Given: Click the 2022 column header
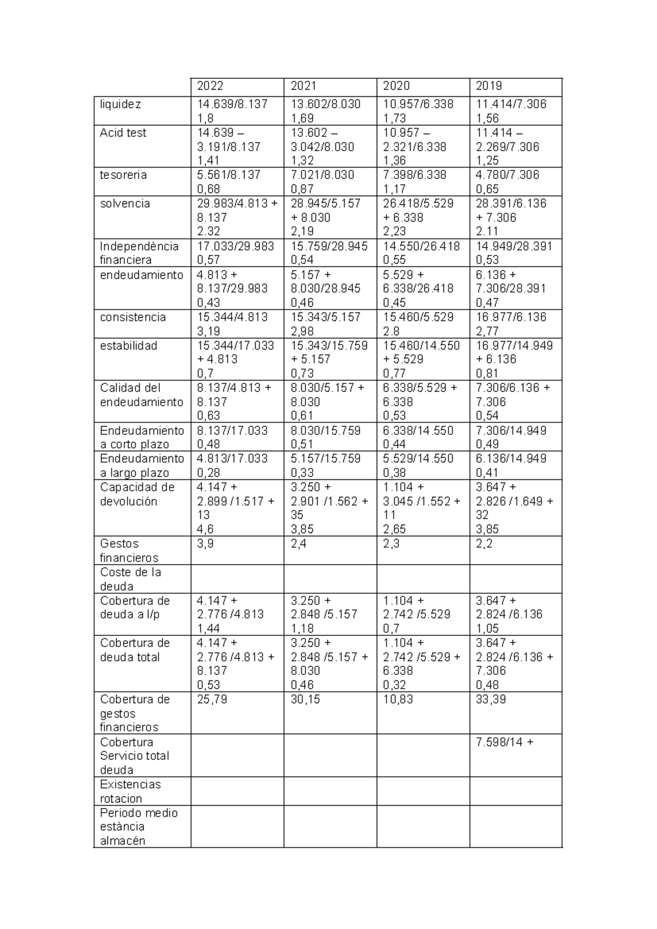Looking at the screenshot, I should pyautogui.click(x=210, y=86).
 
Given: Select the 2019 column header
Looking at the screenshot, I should pyautogui.click(x=489, y=86).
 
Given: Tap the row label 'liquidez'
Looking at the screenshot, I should pyautogui.click(x=120, y=104).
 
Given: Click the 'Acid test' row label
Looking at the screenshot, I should pyautogui.click(x=123, y=133).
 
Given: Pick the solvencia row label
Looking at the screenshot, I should pyautogui.click(x=124, y=203).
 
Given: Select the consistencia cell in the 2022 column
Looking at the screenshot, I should pyautogui.click(x=232, y=324).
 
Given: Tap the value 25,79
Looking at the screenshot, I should pyautogui.click(x=212, y=699).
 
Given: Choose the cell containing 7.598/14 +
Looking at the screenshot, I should pyautogui.click(x=505, y=742).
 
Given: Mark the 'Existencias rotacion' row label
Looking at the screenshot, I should pyautogui.click(x=130, y=791).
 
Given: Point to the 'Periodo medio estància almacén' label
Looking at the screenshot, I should pyautogui.click(x=139, y=827).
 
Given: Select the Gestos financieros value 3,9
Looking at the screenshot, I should pyautogui.click(x=205, y=544).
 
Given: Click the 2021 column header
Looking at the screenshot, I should pyautogui.click(x=303, y=86).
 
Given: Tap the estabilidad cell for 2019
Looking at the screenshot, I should pyautogui.click(x=514, y=359).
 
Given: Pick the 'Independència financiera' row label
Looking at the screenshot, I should pyautogui.click(x=139, y=253).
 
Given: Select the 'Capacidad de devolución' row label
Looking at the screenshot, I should pyautogui.click(x=137, y=494).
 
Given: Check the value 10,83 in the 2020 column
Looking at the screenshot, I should pyautogui.click(x=398, y=699).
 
